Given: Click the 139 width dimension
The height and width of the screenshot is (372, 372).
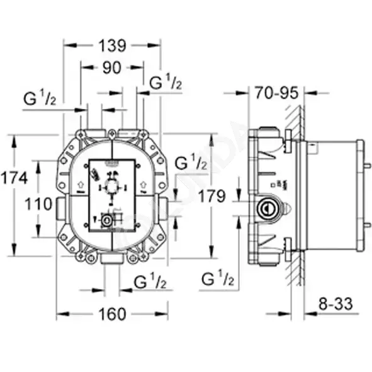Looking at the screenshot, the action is click(112, 45).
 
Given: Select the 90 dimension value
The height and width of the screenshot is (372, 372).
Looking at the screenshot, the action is click(112, 67).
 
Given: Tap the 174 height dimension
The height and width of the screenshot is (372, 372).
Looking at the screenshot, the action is click(14, 178).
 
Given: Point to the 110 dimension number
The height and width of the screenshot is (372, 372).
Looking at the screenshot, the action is click(38, 204).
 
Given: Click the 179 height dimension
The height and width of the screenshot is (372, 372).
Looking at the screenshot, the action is click(211, 196).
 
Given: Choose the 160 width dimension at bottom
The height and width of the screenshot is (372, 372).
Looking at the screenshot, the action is click(112, 314).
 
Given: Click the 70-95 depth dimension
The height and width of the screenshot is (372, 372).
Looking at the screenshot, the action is click(276, 93).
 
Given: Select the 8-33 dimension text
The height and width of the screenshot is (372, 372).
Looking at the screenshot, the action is click(335, 304).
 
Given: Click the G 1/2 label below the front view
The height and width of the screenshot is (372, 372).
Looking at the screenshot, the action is click(150, 281).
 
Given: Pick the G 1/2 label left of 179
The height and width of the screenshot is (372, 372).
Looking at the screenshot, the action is click(191, 162).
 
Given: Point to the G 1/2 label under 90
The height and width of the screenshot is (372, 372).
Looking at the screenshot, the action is click(166, 82).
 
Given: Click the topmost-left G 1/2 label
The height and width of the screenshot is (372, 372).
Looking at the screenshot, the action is click(40, 98).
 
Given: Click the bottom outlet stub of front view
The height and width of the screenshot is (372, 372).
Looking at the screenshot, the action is click(111, 259).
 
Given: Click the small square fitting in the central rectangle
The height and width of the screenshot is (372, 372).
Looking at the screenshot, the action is click(107, 221).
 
